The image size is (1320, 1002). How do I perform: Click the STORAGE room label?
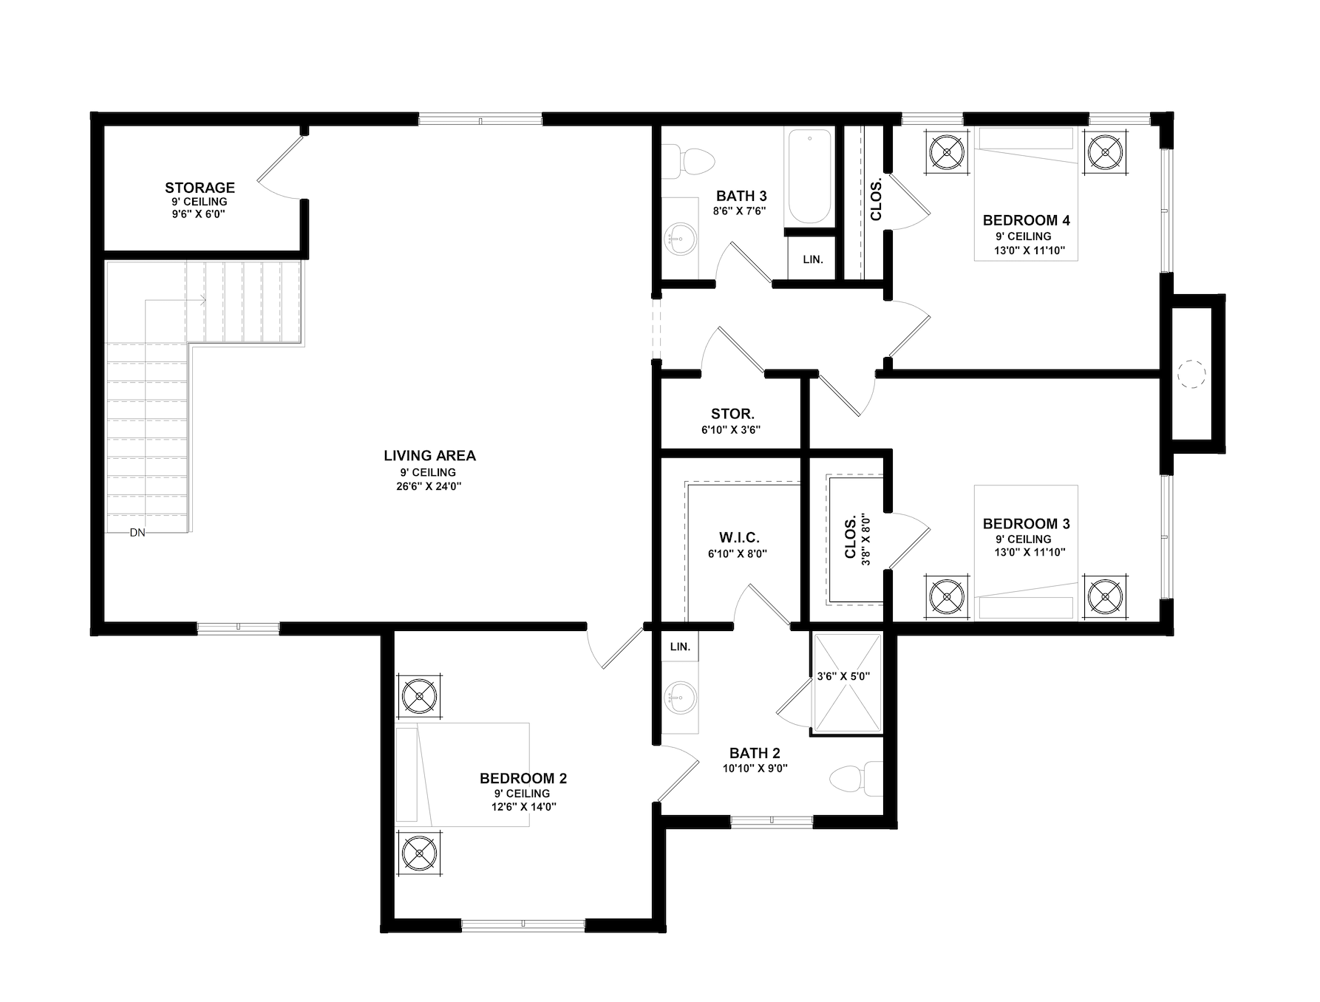200,188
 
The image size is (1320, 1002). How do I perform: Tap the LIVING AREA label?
429,456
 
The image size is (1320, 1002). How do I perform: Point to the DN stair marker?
137,532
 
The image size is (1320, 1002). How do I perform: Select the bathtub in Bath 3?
809,177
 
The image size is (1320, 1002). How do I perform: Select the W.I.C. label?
739,538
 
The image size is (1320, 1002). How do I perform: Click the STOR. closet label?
732,415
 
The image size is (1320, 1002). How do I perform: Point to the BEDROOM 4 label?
1026,220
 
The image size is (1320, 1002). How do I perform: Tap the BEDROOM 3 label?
1026,524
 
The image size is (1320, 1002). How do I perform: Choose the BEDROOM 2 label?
523,778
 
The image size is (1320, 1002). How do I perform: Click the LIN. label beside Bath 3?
813,259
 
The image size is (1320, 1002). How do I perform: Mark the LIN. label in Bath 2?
680,647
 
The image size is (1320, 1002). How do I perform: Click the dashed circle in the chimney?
1191,374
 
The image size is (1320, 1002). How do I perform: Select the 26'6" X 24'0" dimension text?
429,486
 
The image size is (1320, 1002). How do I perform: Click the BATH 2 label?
755,753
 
